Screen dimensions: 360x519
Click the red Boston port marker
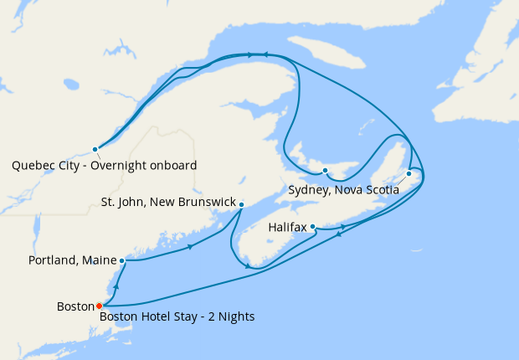pyautogui.click(x=99, y=306)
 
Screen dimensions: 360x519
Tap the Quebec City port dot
pyautogui.click(x=95, y=149)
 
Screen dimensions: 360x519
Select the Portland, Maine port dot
pyautogui.click(x=122, y=260)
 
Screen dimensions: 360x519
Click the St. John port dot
pyautogui.click(x=241, y=204)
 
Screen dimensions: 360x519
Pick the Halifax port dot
pyautogui.click(x=312, y=226)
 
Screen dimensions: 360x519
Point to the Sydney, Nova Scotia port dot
pyautogui.click(x=409, y=174)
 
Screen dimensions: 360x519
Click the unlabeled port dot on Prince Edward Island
pyautogui.click(x=325, y=171)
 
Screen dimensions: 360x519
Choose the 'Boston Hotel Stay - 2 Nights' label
pyautogui.click(x=177, y=316)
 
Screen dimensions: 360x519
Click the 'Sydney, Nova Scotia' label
pyautogui.click(x=342, y=190)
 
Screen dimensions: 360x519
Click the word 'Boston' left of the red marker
pyautogui.click(x=75, y=306)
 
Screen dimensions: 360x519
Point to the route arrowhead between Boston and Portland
pyautogui.click(x=116, y=286)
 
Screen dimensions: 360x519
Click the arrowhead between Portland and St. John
pyautogui.click(x=193, y=246)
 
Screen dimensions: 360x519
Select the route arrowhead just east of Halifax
pyautogui.click(x=343, y=226)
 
